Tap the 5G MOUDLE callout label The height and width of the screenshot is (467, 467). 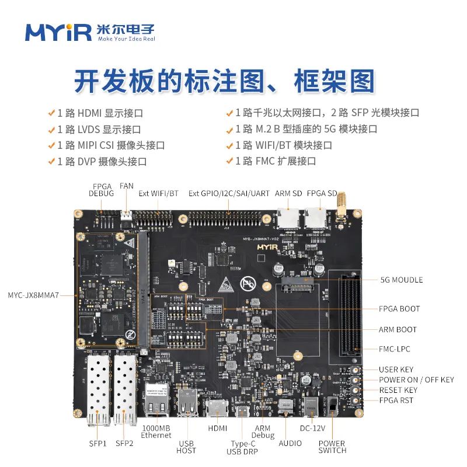click(401, 280)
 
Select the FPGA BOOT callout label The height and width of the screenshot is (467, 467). click(399, 309)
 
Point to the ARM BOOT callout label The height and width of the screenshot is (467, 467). click(398, 330)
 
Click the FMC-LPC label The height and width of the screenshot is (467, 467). click(394, 349)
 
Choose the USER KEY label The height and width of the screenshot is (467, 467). click(396, 370)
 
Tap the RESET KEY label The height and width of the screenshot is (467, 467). click(398, 390)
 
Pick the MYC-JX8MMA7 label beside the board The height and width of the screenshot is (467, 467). click(33, 295)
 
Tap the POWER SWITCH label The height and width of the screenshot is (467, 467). click(332, 447)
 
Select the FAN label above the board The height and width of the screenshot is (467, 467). click(126, 186)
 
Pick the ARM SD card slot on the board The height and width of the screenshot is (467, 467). click(290, 219)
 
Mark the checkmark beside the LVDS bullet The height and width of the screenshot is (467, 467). click(51, 129)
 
